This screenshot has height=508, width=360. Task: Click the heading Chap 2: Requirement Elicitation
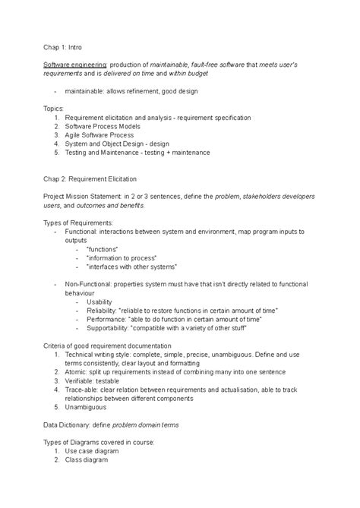click(90, 179)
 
